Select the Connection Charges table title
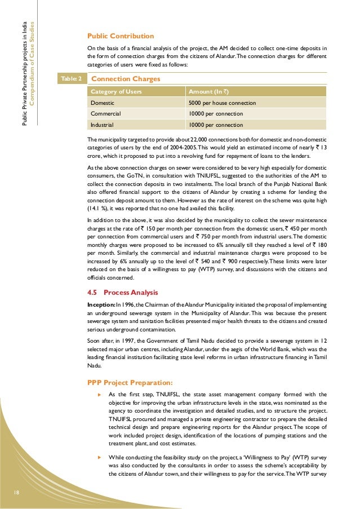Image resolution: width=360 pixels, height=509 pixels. pyautogui.click(x=126, y=79)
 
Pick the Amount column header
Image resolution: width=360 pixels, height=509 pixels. pyautogui.click(x=208, y=92)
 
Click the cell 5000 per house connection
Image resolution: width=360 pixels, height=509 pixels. pyautogui.click(x=222, y=103)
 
